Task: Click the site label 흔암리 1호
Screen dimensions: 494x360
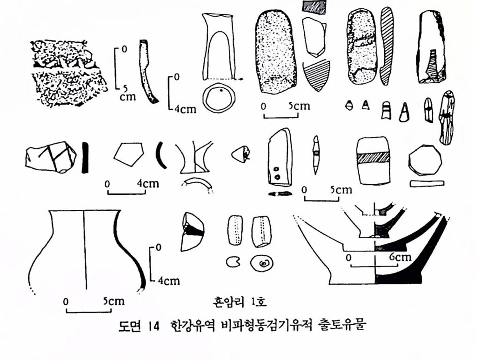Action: pos(240,302)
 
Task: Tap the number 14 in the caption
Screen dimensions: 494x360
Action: pos(155,326)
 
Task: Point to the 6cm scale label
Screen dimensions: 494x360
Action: pos(400,257)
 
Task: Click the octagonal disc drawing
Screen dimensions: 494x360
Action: pos(425,160)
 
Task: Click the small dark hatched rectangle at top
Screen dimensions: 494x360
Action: pos(314,7)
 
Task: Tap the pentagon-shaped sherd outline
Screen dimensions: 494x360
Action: pos(128,154)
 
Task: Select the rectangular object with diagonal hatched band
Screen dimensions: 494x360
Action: pos(374,160)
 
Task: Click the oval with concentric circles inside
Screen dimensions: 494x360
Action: pos(261,263)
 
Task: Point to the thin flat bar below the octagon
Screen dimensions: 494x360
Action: pos(427,183)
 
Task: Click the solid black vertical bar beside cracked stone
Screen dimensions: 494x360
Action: pos(85,158)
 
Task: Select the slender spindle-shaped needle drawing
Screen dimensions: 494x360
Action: pos(316,155)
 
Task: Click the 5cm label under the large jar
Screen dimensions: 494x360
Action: pos(114,301)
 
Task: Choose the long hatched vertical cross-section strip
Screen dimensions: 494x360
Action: pos(387,46)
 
